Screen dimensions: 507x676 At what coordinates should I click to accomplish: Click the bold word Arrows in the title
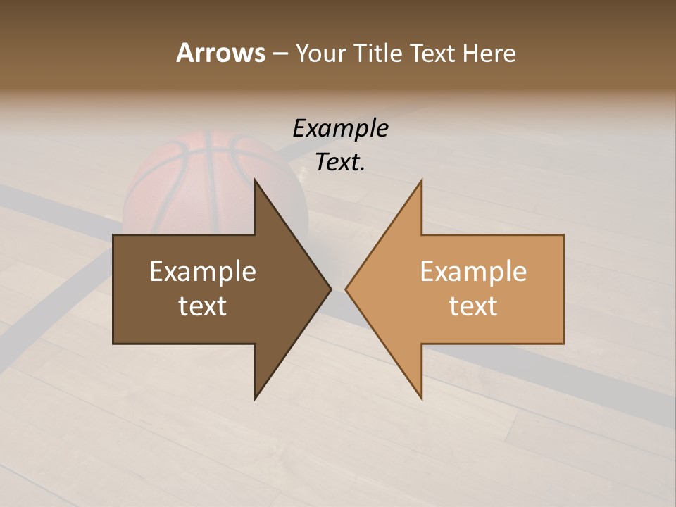point(220,53)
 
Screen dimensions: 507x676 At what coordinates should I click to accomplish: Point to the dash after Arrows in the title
point(279,54)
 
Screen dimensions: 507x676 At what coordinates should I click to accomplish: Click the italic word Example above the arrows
point(340,129)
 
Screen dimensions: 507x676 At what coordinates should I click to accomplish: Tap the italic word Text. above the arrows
point(340,163)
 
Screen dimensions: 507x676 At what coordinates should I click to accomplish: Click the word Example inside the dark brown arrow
point(203,272)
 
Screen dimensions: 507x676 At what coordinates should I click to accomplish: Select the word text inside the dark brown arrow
point(203,306)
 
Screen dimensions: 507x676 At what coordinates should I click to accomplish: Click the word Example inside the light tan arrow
point(473,272)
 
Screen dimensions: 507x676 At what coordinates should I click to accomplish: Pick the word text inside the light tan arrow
point(473,306)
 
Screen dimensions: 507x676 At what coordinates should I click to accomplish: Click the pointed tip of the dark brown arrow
point(330,289)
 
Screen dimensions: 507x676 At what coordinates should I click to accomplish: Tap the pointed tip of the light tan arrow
point(346,289)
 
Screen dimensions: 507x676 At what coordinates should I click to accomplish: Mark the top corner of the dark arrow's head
point(255,180)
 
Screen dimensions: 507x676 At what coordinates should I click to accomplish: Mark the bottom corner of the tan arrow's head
point(421,399)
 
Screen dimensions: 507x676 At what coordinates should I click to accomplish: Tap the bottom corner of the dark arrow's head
point(255,399)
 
